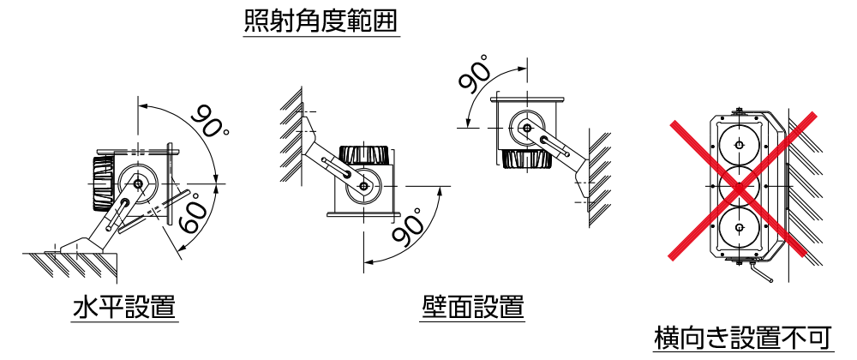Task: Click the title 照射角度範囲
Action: click(x=321, y=21)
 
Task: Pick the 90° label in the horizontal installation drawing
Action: click(x=209, y=123)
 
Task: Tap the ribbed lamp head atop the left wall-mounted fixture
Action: click(x=366, y=155)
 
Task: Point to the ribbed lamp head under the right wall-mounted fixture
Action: click(x=524, y=159)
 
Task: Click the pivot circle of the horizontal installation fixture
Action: click(x=138, y=183)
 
